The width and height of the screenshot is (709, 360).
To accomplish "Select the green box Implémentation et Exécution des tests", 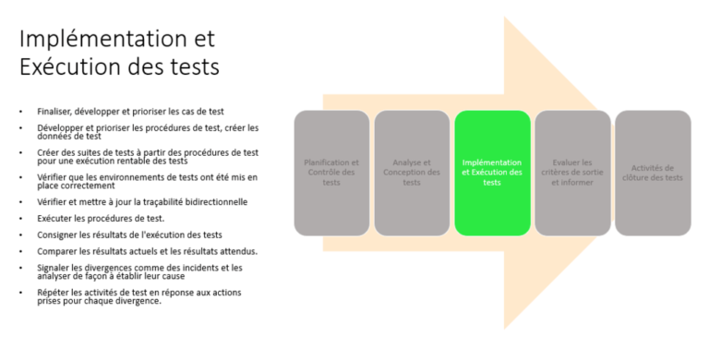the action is pyautogui.click(x=492, y=173).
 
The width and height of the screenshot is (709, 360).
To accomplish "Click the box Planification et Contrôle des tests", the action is pyautogui.click(x=331, y=173).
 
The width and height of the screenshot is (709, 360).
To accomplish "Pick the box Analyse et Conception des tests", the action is pyautogui.click(x=412, y=173).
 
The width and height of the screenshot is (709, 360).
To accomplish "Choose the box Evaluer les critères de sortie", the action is pyautogui.click(x=572, y=173).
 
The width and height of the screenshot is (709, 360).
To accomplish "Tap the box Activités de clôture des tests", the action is pyautogui.click(x=653, y=173).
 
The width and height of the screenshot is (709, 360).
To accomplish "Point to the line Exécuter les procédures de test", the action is pyautogui.click(x=102, y=219).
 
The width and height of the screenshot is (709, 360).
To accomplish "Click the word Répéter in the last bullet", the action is pyautogui.click(x=53, y=292).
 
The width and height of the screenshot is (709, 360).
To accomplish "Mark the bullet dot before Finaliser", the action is pyautogui.click(x=21, y=111).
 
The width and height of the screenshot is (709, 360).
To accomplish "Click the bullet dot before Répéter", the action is pyautogui.click(x=21, y=292).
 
